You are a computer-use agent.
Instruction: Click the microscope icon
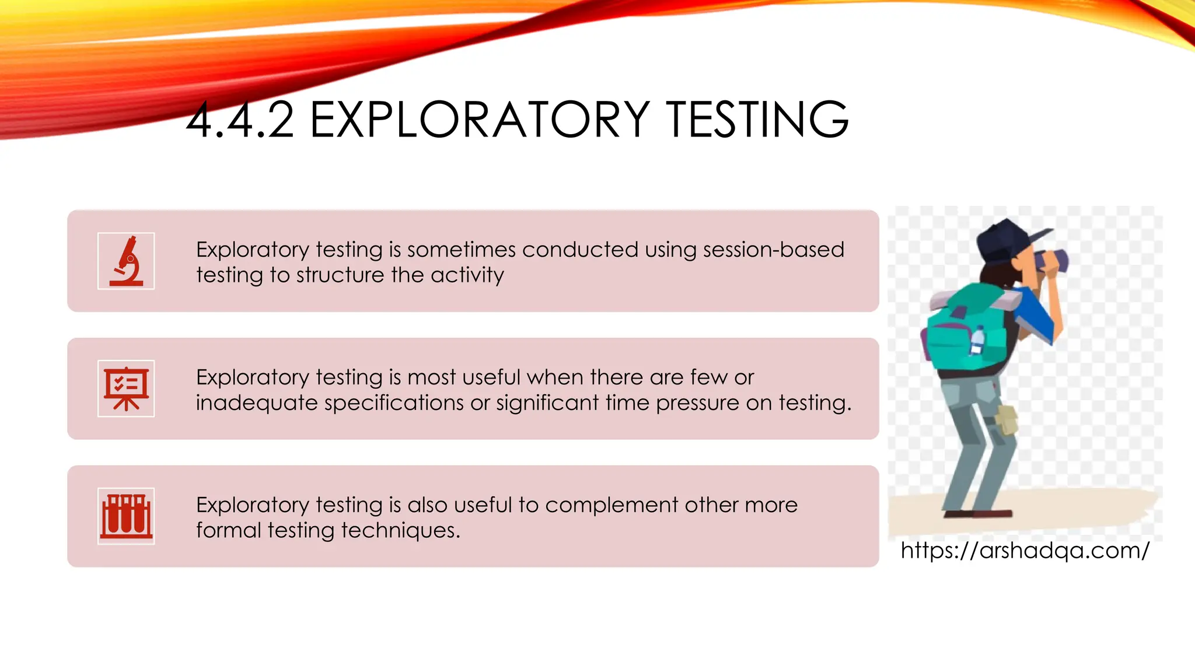point(126,261)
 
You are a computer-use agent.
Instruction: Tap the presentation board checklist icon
point(126,388)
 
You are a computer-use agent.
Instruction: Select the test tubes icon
point(126,516)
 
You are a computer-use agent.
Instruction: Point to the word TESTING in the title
point(757,120)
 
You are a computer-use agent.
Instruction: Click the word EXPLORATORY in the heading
point(480,120)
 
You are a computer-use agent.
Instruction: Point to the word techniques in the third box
point(400,530)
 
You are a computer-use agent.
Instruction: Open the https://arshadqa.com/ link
point(1025,550)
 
